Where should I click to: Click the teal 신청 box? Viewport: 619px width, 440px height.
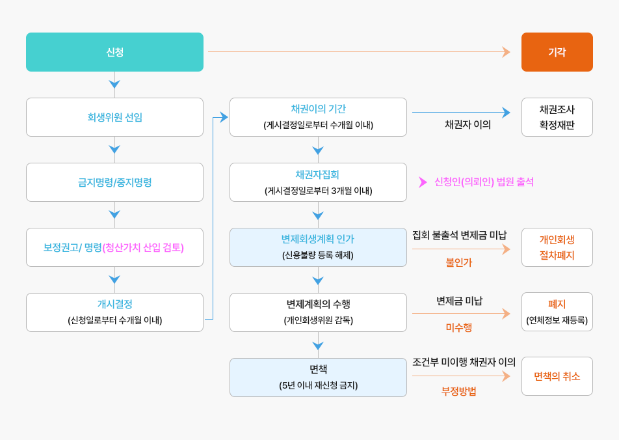(114, 52)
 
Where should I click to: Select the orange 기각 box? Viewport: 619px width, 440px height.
(557, 52)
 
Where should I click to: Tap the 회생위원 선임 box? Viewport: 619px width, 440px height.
(114, 117)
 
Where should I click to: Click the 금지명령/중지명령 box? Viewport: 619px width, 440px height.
(114, 182)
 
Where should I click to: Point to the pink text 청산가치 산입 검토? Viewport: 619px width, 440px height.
(143, 247)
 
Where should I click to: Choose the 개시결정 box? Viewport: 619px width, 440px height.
(114, 312)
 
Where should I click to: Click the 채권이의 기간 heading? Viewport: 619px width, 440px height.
(318, 109)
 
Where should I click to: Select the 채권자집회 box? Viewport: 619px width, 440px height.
(318, 182)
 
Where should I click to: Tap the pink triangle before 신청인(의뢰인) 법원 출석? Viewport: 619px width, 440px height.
(423, 182)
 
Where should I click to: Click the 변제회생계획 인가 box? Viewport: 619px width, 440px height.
(318, 247)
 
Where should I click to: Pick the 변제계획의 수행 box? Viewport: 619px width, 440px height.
(318, 312)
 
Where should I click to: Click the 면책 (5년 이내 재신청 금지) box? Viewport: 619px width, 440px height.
(318, 377)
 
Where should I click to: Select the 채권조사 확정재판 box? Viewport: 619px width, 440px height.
(557, 117)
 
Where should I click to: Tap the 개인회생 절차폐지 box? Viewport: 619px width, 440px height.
(557, 247)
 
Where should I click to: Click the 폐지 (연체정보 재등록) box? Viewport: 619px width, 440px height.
(557, 312)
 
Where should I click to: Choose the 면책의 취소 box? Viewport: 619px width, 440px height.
(557, 376)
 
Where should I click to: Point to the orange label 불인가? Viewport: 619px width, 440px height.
(459, 262)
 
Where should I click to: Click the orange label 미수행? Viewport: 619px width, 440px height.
(459, 327)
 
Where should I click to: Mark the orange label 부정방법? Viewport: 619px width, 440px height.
(459, 391)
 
